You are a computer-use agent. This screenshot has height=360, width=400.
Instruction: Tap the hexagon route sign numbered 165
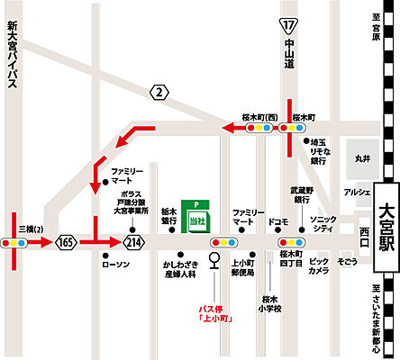66,242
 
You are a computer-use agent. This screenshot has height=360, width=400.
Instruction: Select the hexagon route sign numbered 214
134,242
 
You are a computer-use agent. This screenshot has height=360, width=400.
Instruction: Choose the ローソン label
118,263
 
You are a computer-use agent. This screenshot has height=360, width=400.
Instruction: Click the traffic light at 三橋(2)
20,242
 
